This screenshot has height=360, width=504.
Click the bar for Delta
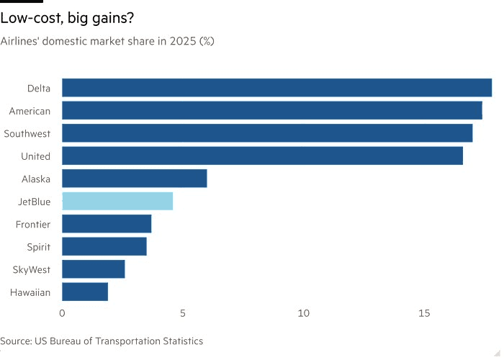[x=276, y=88]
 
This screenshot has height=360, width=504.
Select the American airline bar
[x=271, y=111]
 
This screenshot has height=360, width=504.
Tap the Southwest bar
[x=267, y=133]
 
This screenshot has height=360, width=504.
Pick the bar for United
[x=262, y=156]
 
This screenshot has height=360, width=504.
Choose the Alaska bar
[x=135, y=179]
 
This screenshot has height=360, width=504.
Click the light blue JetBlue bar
[x=117, y=201]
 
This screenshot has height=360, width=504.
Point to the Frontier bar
[x=107, y=224]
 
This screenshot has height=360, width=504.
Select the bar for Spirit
[x=104, y=246]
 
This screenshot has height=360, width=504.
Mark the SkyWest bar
[x=94, y=269]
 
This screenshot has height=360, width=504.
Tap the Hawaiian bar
[x=85, y=292]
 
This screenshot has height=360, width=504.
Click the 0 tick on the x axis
[x=62, y=314]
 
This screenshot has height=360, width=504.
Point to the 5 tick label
[x=183, y=314]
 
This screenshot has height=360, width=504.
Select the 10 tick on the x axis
[x=304, y=314]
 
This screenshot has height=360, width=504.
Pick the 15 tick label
[x=425, y=314]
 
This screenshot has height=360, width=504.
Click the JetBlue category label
[x=35, y=202]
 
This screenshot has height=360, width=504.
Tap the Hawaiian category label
[x=30, y=292]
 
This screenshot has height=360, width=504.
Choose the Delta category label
[x=39, y=89]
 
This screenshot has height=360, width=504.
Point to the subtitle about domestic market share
[x=107, y=41]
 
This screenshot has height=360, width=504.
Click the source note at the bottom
[x=102, y=341]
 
